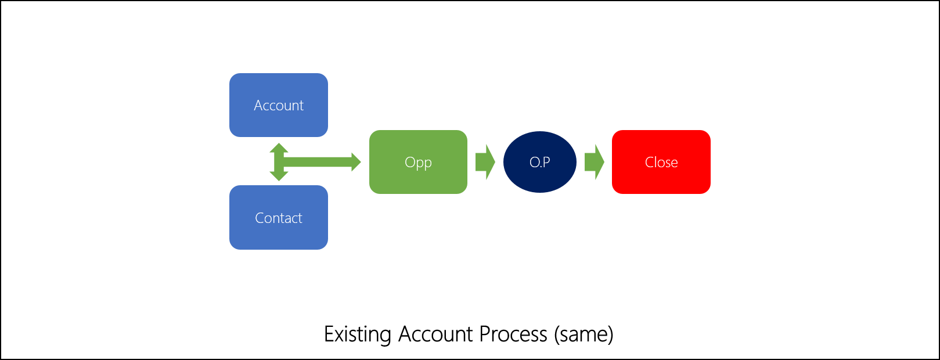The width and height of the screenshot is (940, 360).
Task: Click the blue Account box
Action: click(279, 87)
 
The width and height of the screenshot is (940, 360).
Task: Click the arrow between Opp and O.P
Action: click(485, 162)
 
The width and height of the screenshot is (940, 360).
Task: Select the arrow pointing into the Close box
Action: click(594, 162)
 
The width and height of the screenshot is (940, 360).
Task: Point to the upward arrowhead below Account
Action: click(279, 147)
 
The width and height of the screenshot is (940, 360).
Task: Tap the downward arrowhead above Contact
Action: click(279, 176)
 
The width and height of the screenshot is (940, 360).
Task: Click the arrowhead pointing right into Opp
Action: click(355, 162)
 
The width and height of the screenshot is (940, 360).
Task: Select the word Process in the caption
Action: click(513, 334)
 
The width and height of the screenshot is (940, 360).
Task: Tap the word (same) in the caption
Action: click(584, 334)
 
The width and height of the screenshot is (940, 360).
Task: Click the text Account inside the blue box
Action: click(279, 106)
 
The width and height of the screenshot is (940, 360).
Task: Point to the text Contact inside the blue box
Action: click(279, 218)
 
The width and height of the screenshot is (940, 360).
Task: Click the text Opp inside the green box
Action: click(418, 163)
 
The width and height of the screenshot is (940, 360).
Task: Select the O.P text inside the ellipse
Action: click(539, 163)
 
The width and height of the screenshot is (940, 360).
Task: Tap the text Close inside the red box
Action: click(661, 163)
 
